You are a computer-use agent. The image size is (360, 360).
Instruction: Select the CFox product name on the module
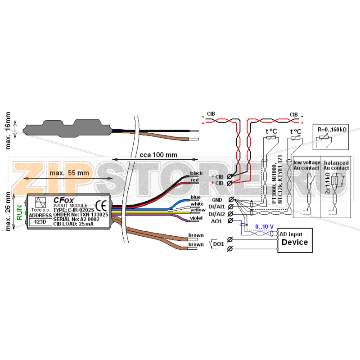click(x=61, y=199)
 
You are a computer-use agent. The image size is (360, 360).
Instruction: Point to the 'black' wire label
click(x=197, y=173)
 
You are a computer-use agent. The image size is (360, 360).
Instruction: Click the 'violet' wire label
click(x=197, y=218)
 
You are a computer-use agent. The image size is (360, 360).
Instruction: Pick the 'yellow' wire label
click(x=198, y=210)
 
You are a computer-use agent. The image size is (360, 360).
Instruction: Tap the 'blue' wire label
click(x=195, y=197)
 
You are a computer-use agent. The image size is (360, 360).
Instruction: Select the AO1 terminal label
click(x=217, y=221)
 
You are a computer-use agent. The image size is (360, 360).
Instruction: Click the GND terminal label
click(x=217, y=199)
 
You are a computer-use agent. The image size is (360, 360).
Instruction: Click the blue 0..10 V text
click(x=265, y=226)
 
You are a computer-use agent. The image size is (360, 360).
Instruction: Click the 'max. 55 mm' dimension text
click(x=69, y=173)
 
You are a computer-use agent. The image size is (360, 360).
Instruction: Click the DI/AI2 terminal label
click(x=216, y=214)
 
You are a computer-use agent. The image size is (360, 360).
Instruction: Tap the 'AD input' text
click(x=291, y=234)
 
